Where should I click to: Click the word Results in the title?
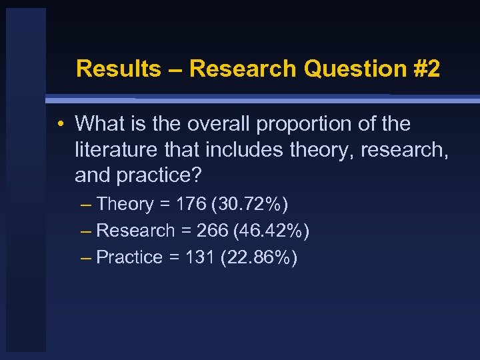[x=117, y=69]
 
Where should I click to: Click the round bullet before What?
[x=60, y=124]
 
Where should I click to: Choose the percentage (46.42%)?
[x=267, y=231]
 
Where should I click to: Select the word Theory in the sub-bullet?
[x=125, y=204]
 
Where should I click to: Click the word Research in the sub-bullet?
[x=135, y=231]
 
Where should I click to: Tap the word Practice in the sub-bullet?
[x=129, y=257]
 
